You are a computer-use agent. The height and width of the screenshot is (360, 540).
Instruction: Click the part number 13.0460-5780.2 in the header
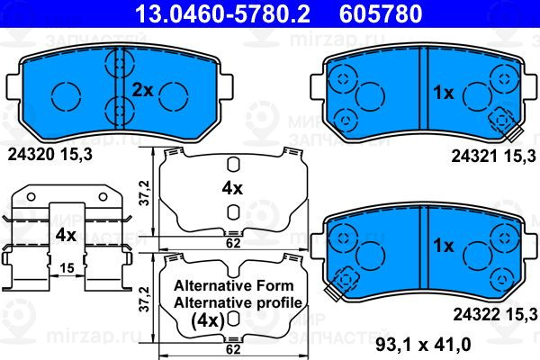pos(223,13)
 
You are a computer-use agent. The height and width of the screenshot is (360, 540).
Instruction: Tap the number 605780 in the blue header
pos(381,13)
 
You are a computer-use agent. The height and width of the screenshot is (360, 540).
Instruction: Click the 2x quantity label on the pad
pos(142,91)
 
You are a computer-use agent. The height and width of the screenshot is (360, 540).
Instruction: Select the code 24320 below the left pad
pos(31,155)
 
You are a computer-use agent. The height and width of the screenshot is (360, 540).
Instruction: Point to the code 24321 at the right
pos(474,157)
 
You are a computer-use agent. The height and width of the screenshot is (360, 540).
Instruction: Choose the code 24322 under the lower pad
pos(476,314)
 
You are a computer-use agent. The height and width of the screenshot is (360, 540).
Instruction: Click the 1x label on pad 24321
pos(443,93)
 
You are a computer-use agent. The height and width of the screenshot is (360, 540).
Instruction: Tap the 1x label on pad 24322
pos(443,246)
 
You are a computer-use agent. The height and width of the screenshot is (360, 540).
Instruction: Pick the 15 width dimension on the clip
pos(67,267)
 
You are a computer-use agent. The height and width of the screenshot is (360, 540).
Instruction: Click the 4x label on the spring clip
pos(66,235)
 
